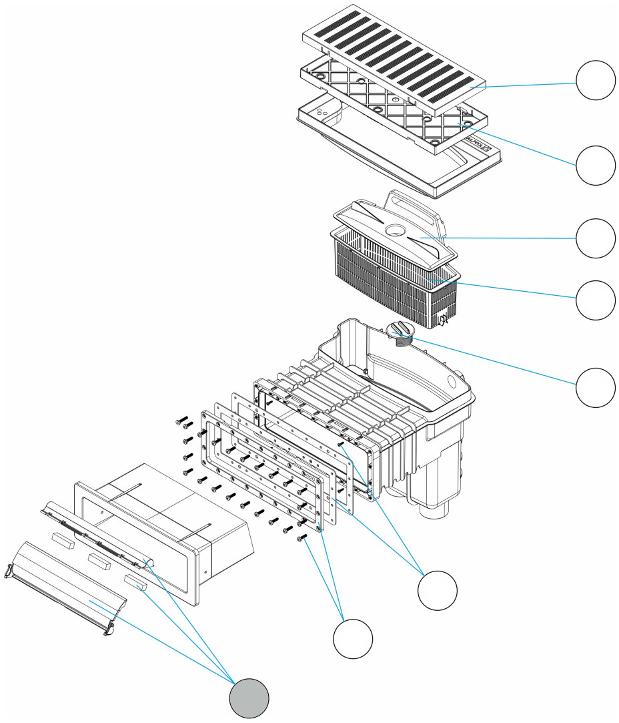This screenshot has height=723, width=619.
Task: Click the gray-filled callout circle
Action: (x=249, y=699)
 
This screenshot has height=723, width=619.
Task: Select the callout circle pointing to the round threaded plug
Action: (x=595, y=387)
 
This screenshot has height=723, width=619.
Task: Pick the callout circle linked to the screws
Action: (x=353, y=639)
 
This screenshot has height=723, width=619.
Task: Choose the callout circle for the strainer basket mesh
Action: (x=595, y=300)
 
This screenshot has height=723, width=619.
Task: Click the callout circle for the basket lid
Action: (x=595, y=238)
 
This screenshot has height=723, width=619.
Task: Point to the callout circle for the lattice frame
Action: (x=595, y=165)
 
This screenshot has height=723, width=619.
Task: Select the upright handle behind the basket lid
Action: (x=414, y=204)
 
